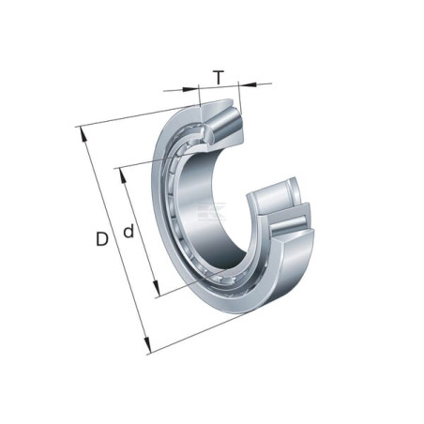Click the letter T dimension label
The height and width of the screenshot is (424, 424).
pos(219,78)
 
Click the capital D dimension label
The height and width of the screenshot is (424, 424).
pos(102,239)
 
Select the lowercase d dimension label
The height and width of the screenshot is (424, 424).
pos(129,231)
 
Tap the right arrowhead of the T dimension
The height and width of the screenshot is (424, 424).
pos(248,83)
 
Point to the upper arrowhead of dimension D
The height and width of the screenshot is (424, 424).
pos(83,134)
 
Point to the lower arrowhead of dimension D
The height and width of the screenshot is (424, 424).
pos(147,345)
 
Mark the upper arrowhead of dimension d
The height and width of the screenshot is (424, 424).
pos(123,176)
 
